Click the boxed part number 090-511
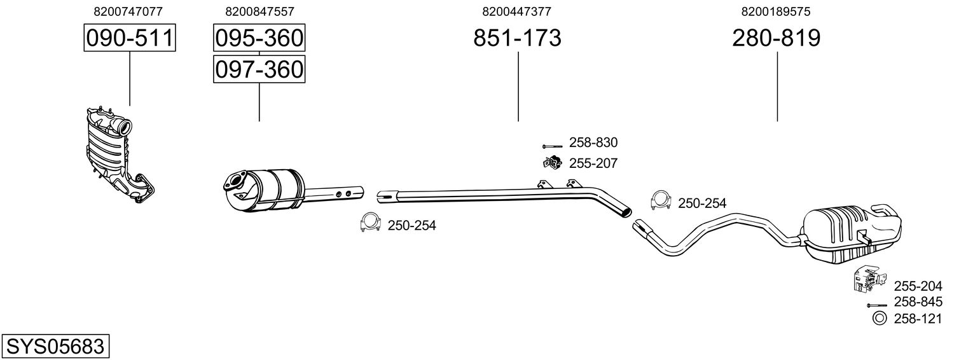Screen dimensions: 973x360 130,38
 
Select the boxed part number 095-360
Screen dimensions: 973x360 259,38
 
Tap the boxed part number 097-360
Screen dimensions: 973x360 259,69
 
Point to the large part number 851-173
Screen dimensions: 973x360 517,38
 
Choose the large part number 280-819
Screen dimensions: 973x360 776,38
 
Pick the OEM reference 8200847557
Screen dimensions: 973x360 259,11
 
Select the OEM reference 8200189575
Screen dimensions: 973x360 776,11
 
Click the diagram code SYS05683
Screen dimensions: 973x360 55,347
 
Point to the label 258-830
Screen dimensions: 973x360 593,143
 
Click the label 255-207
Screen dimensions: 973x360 593,163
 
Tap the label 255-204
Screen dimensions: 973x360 918,286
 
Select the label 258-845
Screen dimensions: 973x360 918,302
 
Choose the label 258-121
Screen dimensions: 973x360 918,319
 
